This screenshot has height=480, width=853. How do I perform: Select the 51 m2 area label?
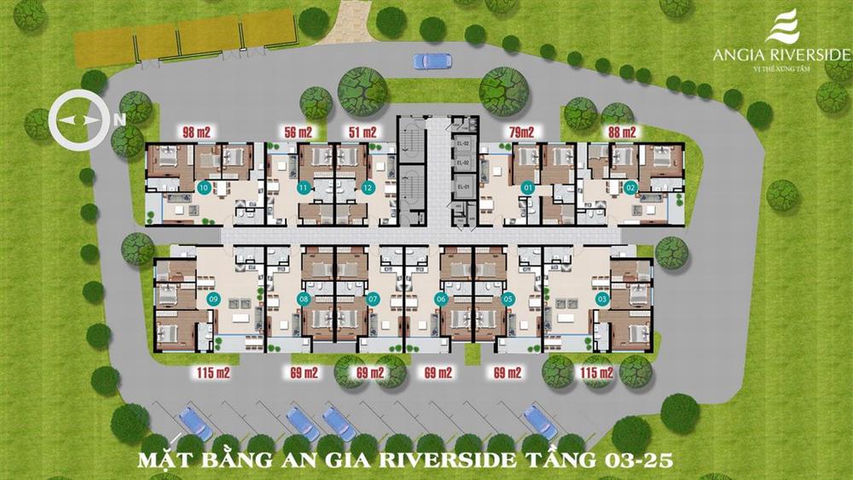pyautogui.click(x=363, y=132)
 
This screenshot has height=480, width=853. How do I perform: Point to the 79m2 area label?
pyautogui.click(x=520, y=132)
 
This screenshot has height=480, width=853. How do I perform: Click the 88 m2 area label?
pyautogui.click(x=622, y=132)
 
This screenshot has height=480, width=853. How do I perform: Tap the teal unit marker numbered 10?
pyautogui.click(x=203, y=187)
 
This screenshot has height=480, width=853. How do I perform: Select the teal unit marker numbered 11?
pyautogui.click(x=303, y=188)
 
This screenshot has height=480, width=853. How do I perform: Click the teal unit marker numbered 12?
pyautogui.click(x=368, y=188)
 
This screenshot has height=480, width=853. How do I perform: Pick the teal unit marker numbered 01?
pyautogui.click(x=527, y=188)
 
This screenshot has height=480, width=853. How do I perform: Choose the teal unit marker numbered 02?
pyautogui.click(x=631, y=188)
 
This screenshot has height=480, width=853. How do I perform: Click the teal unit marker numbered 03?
pyautogui.click(x=602, y=300)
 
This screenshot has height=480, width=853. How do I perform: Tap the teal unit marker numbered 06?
pyautogui.click(x=441, y=300)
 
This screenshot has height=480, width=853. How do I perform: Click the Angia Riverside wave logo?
pyautogui.click(x=782, y=26)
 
